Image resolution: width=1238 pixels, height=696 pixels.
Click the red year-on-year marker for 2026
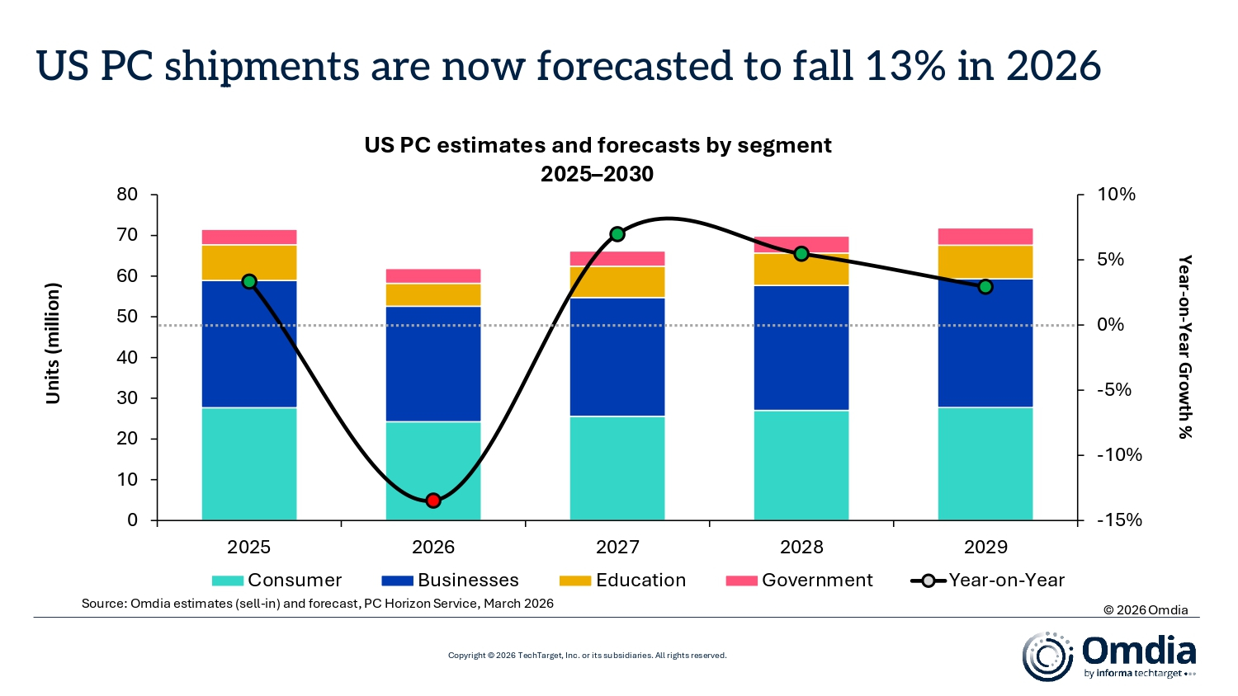tap(433, 501)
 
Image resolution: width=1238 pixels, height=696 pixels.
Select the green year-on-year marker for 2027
tap(617, 234)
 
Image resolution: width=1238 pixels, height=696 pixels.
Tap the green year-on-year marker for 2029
tap(985, 287)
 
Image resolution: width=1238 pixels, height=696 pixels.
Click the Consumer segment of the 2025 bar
tap(249, 463)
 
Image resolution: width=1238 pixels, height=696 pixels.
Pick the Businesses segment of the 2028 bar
tap(801, 347)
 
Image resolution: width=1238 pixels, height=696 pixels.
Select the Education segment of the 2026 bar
tap(433, 295)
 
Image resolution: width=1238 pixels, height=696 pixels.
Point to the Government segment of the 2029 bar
tap(985, 237)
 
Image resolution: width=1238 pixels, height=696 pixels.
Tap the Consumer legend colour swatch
tap(228, 581)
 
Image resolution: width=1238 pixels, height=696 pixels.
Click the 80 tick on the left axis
tap(127, 195)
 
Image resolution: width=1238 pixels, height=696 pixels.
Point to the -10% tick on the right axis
tap(1119, 455)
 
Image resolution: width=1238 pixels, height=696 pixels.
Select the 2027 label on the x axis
tap(617, 548)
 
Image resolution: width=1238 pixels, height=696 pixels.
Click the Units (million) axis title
tap(54, 343)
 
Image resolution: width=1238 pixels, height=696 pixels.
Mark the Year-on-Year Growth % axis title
tap(1184, 346)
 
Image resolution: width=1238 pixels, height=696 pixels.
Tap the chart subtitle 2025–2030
tap(598, 174)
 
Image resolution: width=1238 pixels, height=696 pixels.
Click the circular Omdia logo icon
tap(1047, 656)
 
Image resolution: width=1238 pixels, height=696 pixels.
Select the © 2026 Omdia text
tap(1146, 610)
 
